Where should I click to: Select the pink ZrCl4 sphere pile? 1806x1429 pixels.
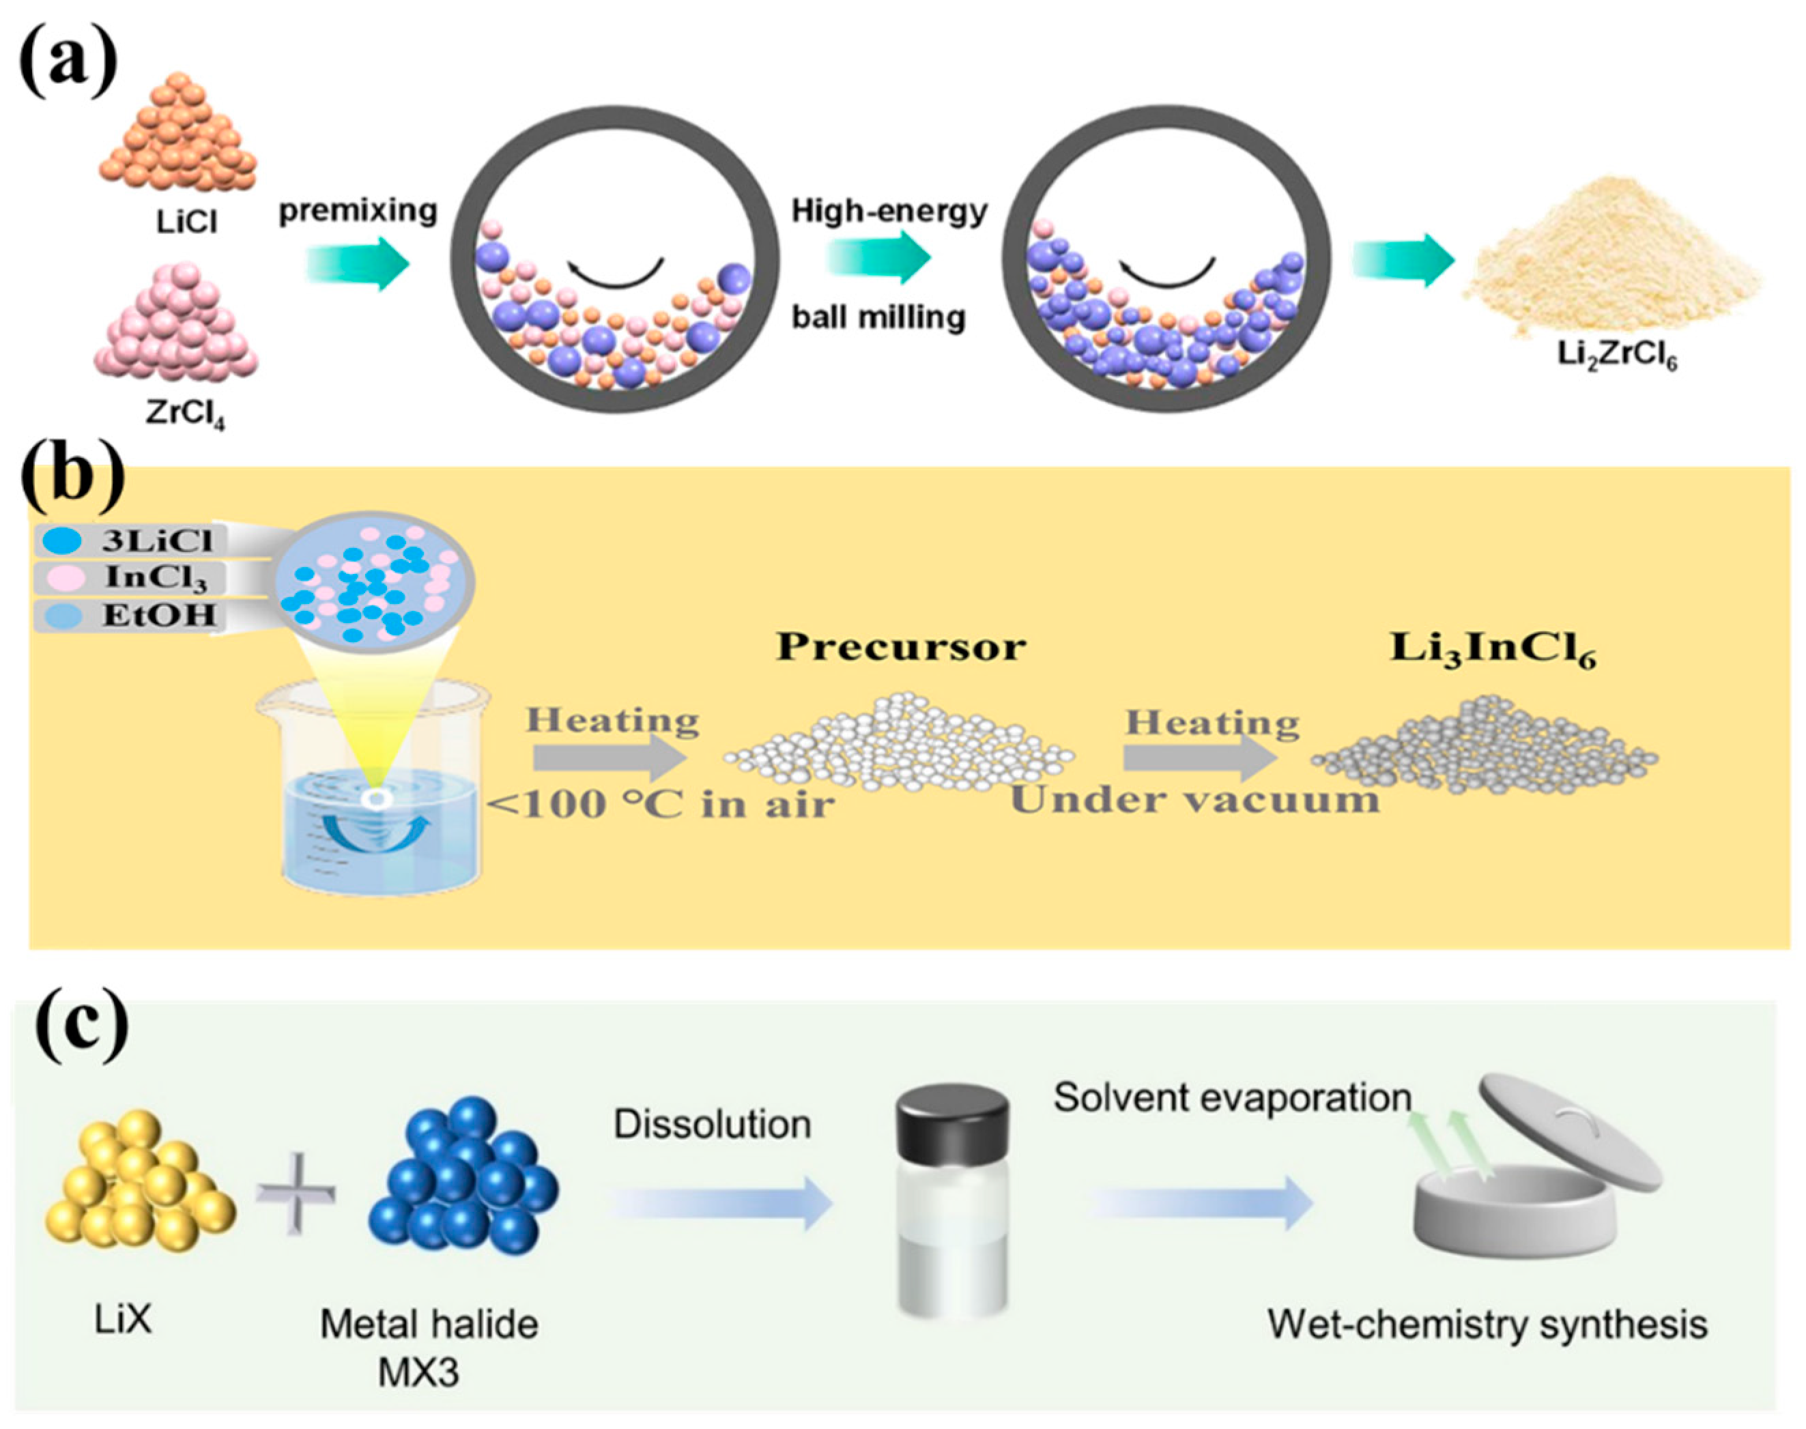pos(175,330)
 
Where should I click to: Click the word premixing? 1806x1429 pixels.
pos(358,210)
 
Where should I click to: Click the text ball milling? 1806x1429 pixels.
pos(878,317)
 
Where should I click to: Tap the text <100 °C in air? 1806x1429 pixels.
pos(661,804)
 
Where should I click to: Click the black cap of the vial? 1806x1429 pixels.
pos(951,1121)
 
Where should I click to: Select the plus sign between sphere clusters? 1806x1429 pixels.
pos(297,1196)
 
